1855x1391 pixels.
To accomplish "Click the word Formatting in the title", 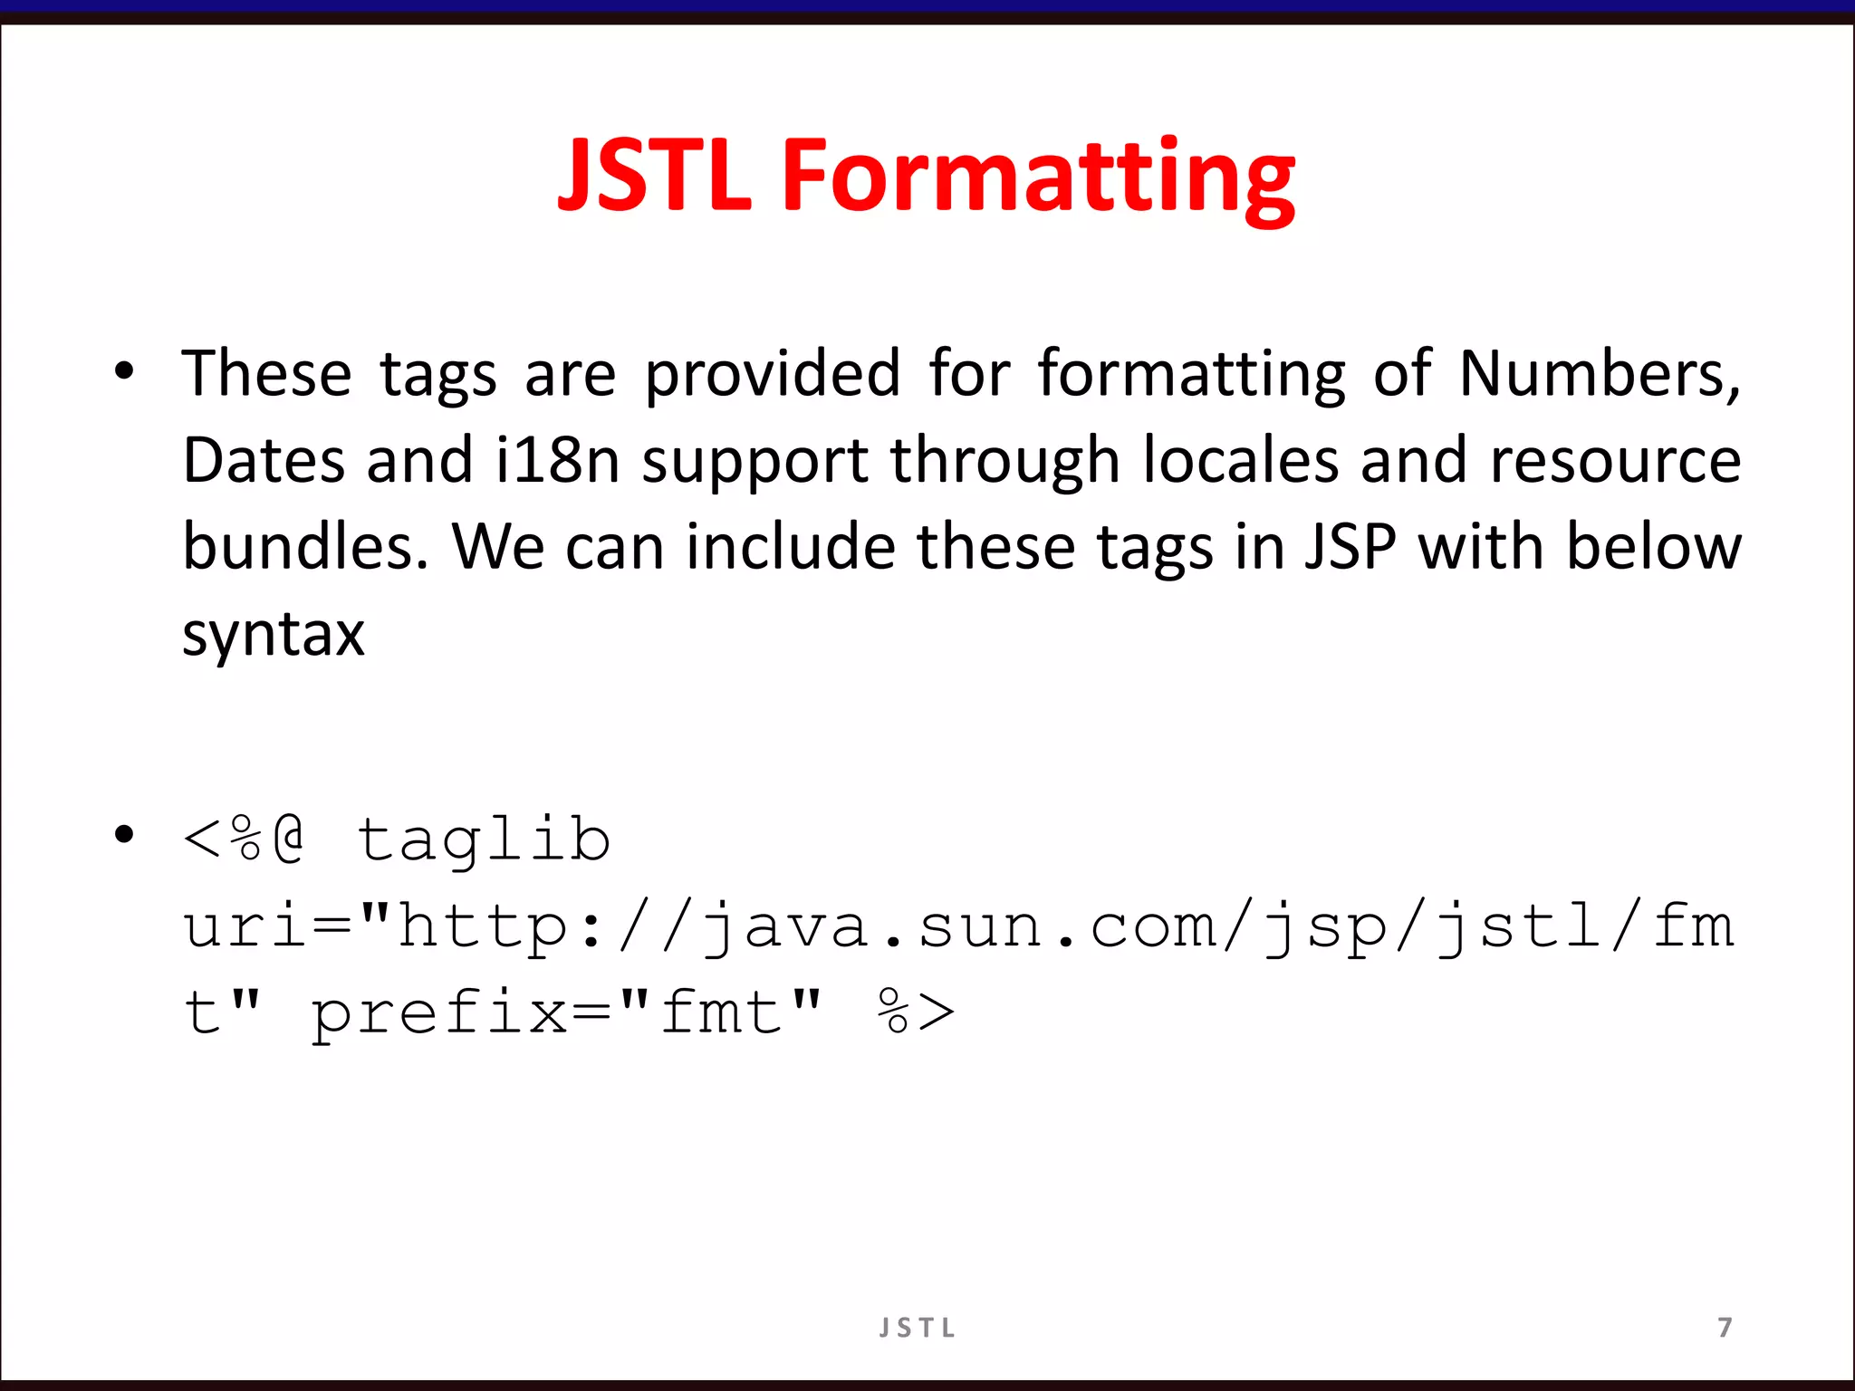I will [x=1037, y=177].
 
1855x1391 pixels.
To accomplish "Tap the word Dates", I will [x=264, y=460].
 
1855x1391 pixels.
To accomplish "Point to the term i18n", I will [x=557, y=460].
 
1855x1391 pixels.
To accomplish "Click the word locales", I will [x=1240, y=460].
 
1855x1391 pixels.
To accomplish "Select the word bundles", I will [x=304, y=547].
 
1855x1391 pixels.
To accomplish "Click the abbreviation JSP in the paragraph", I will [x=1350, y=547].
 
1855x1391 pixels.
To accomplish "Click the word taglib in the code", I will [x=484, y=840].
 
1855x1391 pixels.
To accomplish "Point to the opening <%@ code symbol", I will [x=243, y=839].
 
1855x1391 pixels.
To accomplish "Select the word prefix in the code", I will [x=439, y=1012].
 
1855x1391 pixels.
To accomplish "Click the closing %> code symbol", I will [x=915, y=1011].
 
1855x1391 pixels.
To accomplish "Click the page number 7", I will [x=1725, y=1328].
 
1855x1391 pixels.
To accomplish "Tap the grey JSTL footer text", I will [x=918, y=1328].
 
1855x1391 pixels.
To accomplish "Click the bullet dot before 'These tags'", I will [x=124, y=370].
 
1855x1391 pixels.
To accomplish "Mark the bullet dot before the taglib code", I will [x=124, y=834].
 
